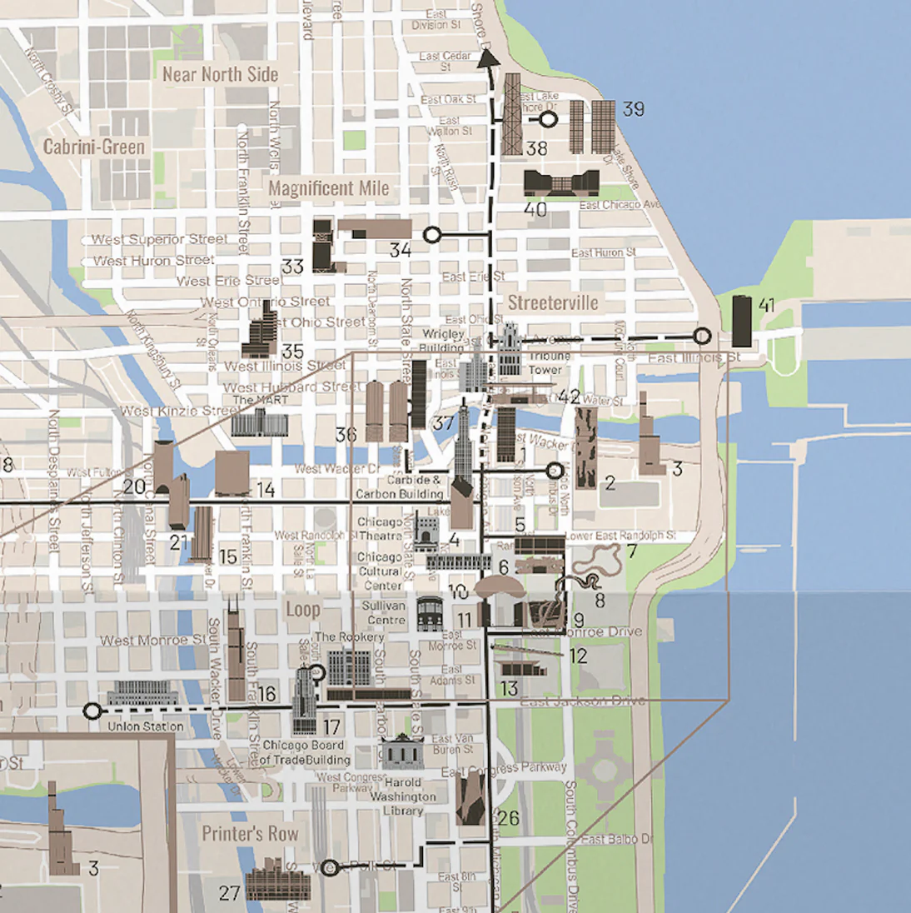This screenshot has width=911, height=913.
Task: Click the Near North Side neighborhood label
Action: [220, 74]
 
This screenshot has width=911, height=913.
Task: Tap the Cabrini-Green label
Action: [94, 147]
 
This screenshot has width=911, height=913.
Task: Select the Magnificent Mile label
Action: [328, 188]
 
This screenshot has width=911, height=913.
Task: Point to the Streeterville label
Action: [553, 302]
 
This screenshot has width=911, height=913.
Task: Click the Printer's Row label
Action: [250, 833]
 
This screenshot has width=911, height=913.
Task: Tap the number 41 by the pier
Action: [767, 306]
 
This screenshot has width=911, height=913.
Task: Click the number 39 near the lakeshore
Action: [633, 109]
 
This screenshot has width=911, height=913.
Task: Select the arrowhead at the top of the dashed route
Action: [487, 57]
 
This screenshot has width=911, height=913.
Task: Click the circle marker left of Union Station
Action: [92, 711]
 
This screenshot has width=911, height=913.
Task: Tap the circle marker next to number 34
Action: [431, 235]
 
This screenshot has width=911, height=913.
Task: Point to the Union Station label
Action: [146, 726]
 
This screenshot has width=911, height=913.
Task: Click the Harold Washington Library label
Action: [403, 796]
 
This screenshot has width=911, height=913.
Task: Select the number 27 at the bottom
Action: [230, 893]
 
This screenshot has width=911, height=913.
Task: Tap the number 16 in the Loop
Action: [266, 694]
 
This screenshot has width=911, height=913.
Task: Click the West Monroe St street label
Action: [153, 640]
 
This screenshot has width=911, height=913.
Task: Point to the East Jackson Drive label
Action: [582, 701]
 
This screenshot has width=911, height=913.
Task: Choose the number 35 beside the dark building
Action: [292, 352]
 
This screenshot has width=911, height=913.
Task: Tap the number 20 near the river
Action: [134, 487]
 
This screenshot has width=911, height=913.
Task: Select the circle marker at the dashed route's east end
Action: [702, 336]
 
